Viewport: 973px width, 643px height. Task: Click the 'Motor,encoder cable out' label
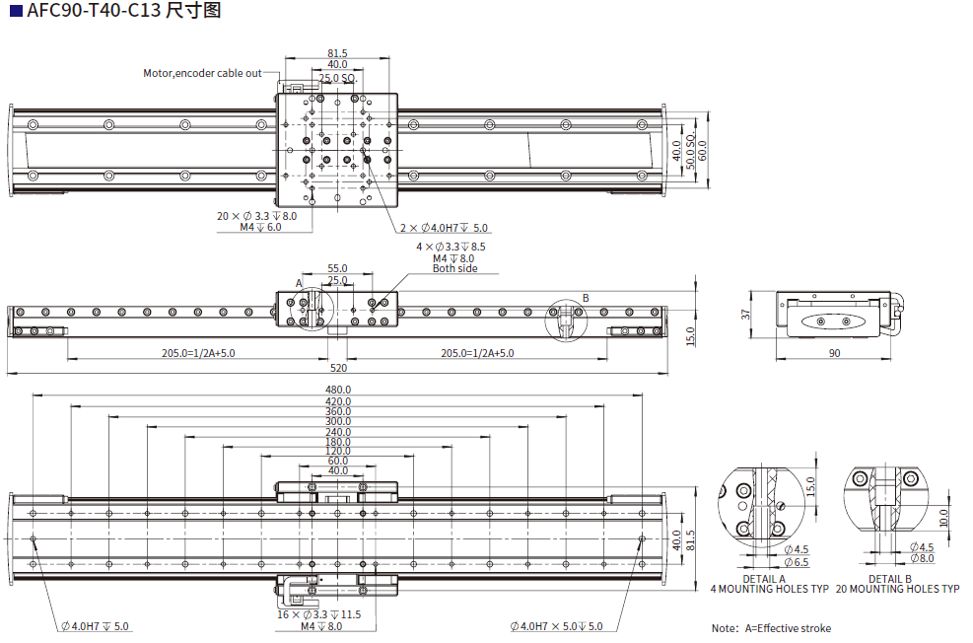(x=202, y=73)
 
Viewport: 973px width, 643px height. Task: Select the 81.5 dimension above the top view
(x=337, y=53)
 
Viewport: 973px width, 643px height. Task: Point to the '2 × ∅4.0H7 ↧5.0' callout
(x=444, y=228)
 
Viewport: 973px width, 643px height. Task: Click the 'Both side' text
(x=454, y=268)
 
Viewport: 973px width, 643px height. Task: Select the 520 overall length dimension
(x=339, y=367)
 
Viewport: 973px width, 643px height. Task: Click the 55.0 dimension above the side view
(x=337, y=268)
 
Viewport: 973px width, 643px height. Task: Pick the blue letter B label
(x=585, y=297)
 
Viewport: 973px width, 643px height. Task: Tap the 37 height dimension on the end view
(x=747, y=315)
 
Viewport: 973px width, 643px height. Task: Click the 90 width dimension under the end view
(x=834, y=352)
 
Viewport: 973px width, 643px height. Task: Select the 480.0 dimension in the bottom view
(x=337, y=389)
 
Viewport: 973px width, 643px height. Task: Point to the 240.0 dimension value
(x=337, y=432)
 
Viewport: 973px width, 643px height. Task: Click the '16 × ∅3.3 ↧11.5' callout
(x=318, y=613)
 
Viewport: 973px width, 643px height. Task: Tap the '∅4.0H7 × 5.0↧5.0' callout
(x=556, y=625)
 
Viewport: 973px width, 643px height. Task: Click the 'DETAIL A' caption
(x=764, y=579)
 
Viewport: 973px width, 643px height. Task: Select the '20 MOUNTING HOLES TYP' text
(x=897, y=589)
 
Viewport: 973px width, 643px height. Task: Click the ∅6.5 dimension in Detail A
(x=797, y=562)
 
